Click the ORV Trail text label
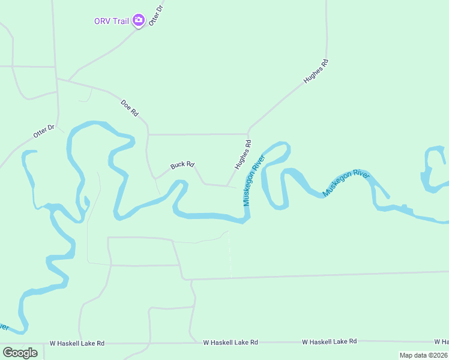[x=112, y=21]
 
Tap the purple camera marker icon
[x=139, y=21]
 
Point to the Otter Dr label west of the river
[x=44, y=131]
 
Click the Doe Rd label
[x=130, y=107]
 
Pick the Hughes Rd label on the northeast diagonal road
[x=316, y=71]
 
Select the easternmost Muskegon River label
[x=346, y=183]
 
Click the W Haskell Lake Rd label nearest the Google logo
[x=77, y=343]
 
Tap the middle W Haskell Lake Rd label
[x=231, y=342]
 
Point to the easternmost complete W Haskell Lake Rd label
[x=329, y=341]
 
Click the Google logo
[x=20, y=353]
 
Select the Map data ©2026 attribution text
[x=423, y=355]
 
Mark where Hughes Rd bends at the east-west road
[x=249, y=133]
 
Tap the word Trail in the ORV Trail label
[x=121, y=21]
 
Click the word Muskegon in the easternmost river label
[x=337, y=188]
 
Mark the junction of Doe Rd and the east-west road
[x=148, y=134]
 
